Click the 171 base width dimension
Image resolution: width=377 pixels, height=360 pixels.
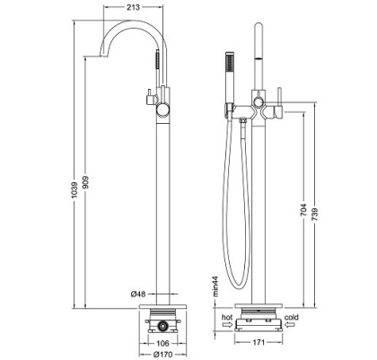[257, 342]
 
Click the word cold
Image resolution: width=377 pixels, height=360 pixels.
[293, 316]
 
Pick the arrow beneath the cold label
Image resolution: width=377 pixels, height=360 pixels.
[292, 325]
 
